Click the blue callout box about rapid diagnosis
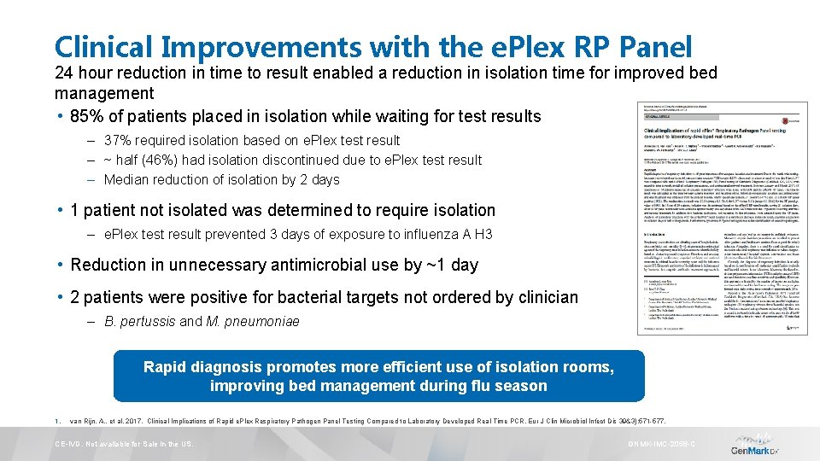tap(378, 376)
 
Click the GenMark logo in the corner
tap(755, 448)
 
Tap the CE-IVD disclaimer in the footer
tap(124, 445)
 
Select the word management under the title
tap(104, 93)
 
